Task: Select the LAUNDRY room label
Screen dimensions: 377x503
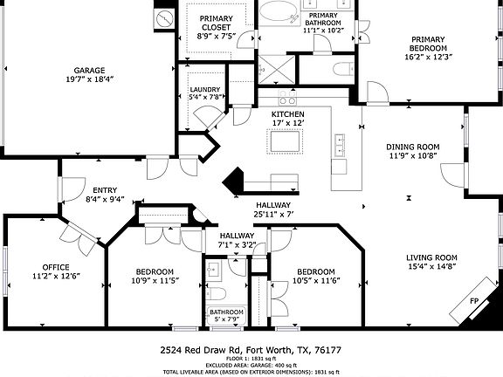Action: click(x=205, y=89)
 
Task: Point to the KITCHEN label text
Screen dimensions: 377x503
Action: click(x=287, y=114)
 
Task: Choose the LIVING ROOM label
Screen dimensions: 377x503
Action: click(x=431, y=257)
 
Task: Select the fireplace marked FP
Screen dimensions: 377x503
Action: click(x=475, y=301)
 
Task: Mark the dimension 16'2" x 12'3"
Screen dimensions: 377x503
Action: click(x=429, y=57)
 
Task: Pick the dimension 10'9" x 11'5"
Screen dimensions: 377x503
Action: click(x=154, y=281)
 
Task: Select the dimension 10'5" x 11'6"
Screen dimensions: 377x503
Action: click(x=315, y=281)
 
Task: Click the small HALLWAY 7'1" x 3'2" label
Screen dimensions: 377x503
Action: click(x=237, y=240)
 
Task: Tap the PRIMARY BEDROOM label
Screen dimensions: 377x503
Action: click(x=429, y=43)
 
